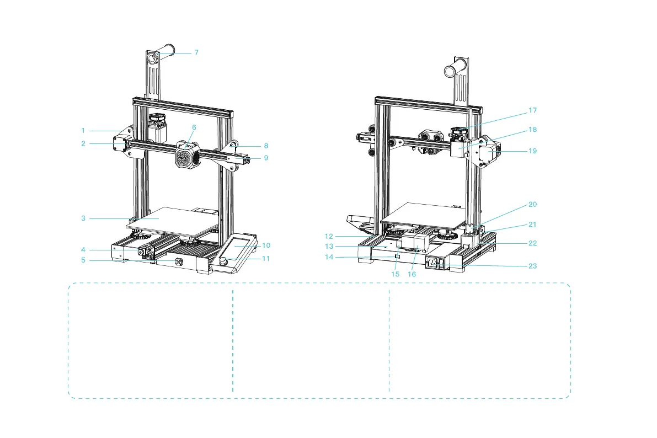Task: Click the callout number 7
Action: [x=196, y=52]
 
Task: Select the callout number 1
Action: [x=83, y=131]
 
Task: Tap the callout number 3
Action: [x=83, y=218]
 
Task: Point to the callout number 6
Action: [x=194, y=127]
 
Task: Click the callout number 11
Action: [x=266, y=258]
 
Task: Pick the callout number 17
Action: [x=532, y=110]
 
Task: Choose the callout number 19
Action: [x=532, y=151]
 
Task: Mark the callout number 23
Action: [x=532, y=266]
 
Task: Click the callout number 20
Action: [x=532, y=204]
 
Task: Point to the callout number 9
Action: [x=266, y=158]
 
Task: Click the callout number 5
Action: [x=83, y=260]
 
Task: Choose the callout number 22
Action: [x=532, y=243]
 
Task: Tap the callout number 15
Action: [x=395, y=274]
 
